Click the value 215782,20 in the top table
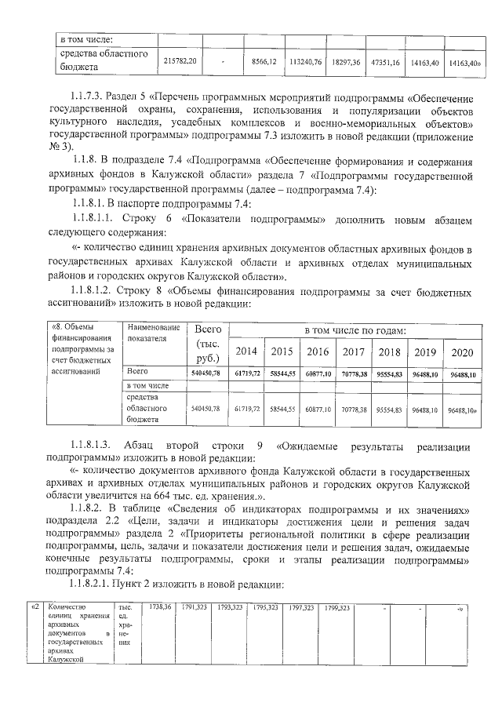point(180,60)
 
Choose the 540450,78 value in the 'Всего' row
point(207,372)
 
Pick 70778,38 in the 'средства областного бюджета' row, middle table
point(355,409)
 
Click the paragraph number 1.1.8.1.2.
point(97,292)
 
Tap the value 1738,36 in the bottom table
point(159,607)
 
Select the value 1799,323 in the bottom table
point(336,607)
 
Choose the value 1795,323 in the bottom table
point(265,607)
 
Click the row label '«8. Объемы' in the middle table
point(71,326)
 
